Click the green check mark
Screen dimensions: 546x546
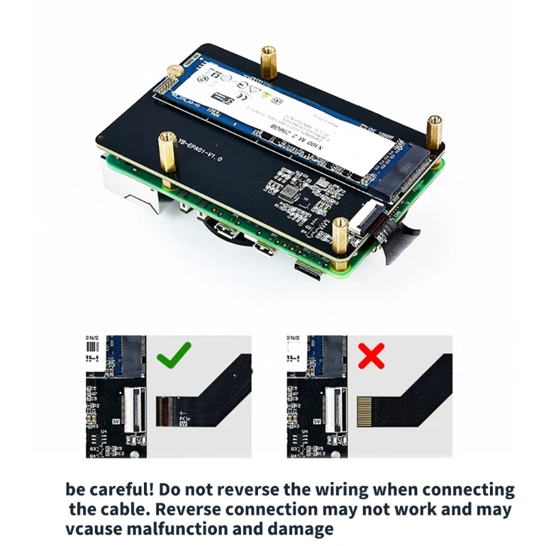pyautogui.click(x=173, y=353)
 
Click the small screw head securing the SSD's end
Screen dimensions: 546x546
pyautogui.click(x=175, y=70)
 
